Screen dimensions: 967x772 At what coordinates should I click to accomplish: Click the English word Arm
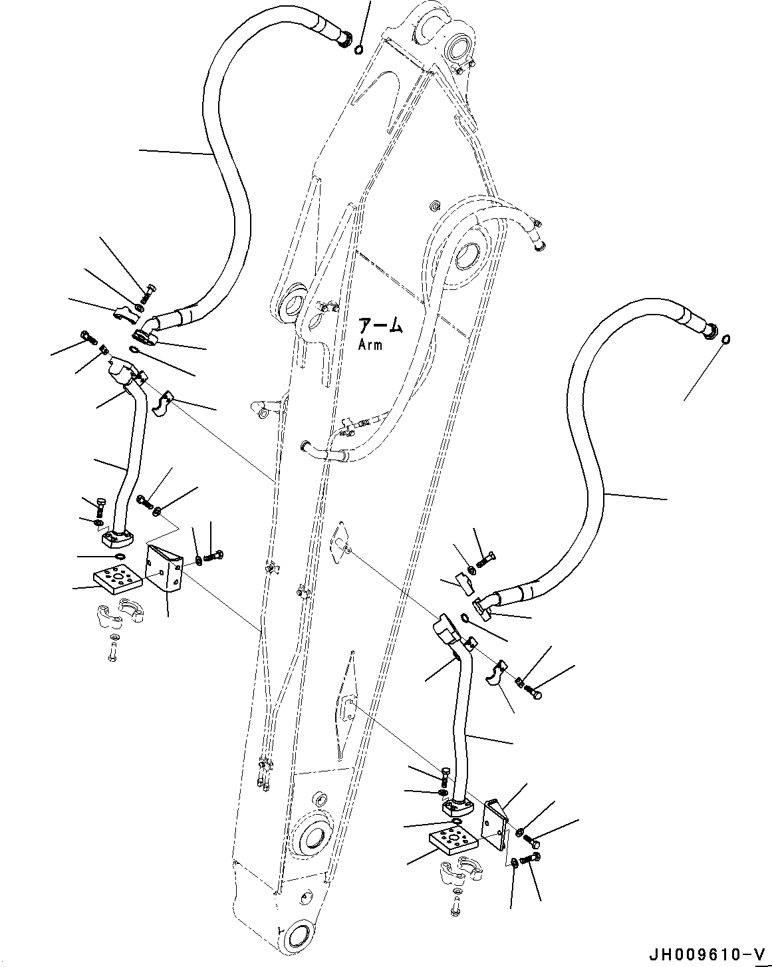point(370,345)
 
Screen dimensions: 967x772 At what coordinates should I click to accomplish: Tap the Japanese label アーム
point(380,326)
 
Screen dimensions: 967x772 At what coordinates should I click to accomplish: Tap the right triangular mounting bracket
point(497,823)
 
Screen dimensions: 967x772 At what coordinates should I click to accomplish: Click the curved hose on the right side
point(592,466)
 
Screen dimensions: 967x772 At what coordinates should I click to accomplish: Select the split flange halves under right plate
point(460,873)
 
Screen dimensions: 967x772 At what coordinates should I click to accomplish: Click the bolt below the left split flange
point(113,648)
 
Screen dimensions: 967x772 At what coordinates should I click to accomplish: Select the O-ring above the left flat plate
point(120,557)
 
